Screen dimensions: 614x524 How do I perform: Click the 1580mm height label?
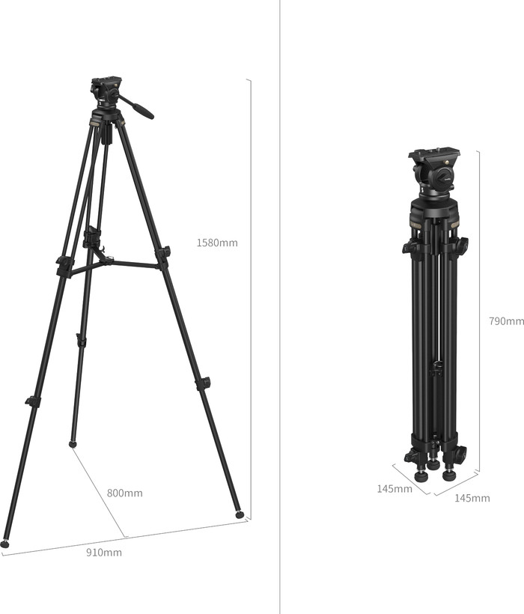click(217, 243)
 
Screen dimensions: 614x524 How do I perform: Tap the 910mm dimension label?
click(104, 553)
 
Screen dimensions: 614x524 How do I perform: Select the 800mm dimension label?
click(124, 493)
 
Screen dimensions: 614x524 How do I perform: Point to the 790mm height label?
click(506, 320)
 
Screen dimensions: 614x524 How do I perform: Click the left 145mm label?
click(394, 489)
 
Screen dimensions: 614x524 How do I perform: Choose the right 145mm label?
click(472, 498)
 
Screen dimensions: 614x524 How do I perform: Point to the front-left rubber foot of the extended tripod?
click(4, 544)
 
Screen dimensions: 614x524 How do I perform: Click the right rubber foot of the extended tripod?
click(240, 514)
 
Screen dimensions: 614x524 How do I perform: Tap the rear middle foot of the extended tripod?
click(73, 444)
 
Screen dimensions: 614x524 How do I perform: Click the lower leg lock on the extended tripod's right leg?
click(203, 383)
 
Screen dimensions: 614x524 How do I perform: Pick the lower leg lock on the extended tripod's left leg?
click(32, 401)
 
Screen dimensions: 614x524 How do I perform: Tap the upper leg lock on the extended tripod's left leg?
click(64, 265)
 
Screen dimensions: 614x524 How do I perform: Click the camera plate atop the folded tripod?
click(433, 154)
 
